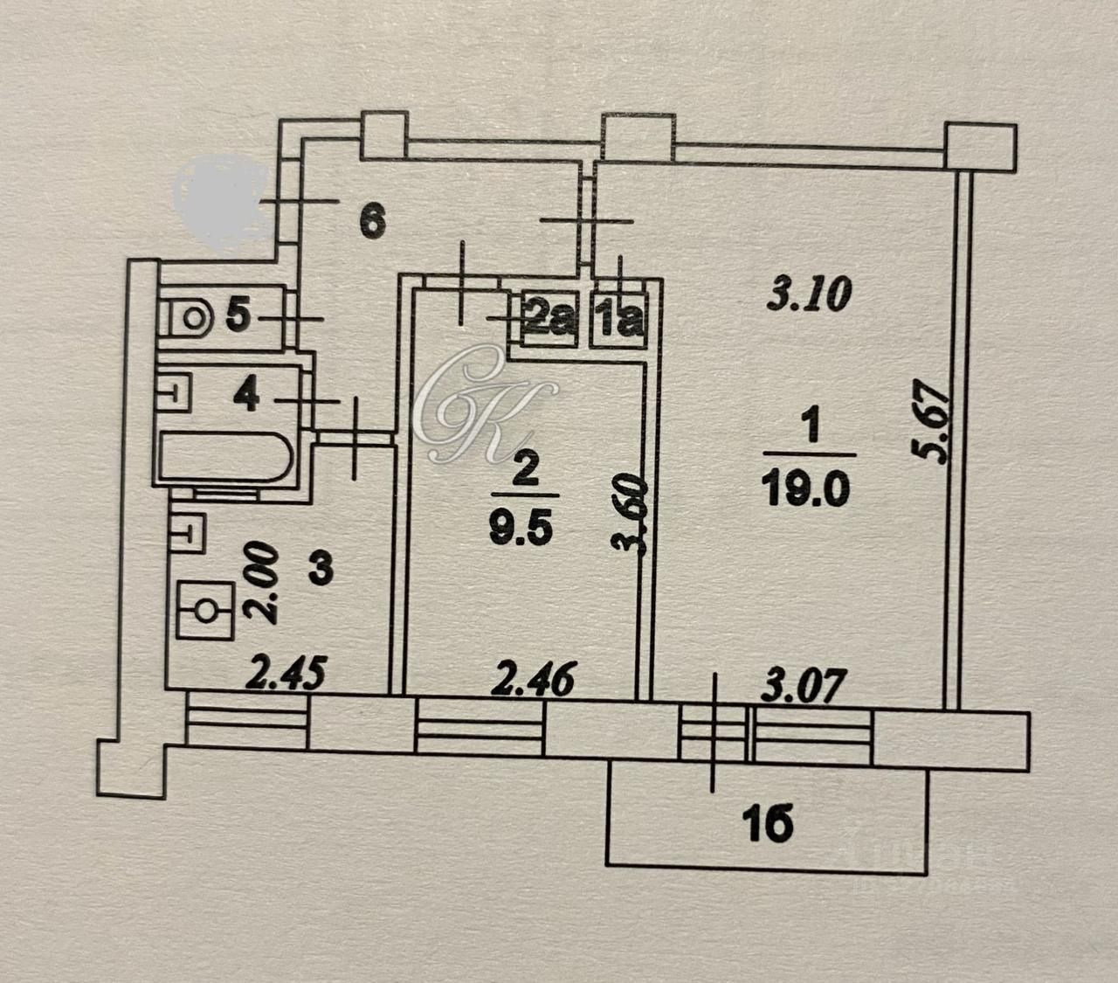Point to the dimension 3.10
coord(808,295)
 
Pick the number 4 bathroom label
coord(247,398)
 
